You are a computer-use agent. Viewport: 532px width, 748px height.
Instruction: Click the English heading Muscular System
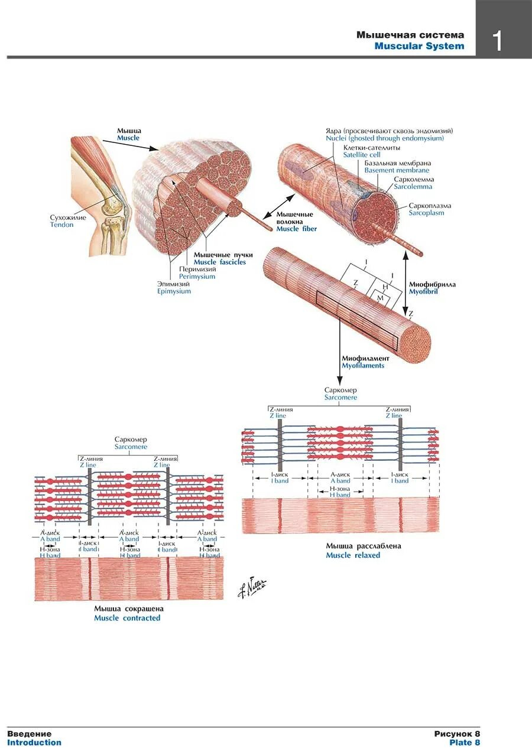tap(419, 46)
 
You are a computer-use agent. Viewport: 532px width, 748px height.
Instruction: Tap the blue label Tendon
tap(62, 225)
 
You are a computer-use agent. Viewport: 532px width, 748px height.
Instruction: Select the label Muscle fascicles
tap(219, 262)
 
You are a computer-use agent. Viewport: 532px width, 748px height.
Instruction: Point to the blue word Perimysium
tap(197, 277)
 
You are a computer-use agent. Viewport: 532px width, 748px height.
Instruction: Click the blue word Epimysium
tap(174, 291)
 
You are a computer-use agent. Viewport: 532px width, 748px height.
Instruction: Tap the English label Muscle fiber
tap(296, 229)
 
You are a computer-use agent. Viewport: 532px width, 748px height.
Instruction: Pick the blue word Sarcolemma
tap(413, 187)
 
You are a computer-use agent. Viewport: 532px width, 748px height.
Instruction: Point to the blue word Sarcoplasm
tap(426, 213)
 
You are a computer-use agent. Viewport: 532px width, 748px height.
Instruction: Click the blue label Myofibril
tap(423, 292)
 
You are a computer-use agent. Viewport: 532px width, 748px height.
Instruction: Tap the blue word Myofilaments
tap(363, 366)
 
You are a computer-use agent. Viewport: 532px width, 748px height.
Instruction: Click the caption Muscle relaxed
tap(353, 555)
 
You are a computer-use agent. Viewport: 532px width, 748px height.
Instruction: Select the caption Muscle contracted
tap(127, 618)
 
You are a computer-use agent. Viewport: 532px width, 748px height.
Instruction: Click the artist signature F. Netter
tap(252, 587)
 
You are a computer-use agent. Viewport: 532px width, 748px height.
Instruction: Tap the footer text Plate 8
tap(465, 743)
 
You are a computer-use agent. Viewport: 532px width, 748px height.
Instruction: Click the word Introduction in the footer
tap(34, 743)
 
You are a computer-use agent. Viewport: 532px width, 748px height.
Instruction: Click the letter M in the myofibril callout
tap(380, 298)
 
